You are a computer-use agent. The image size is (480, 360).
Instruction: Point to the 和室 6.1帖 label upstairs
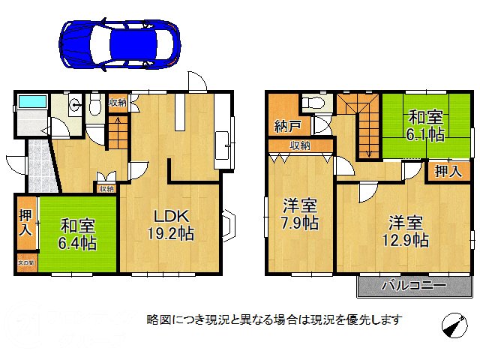[426, 126]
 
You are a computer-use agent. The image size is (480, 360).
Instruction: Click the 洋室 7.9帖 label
[300, 214]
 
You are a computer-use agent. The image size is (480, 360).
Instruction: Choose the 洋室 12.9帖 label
[408, 231]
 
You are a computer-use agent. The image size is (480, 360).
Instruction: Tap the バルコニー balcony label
[413, 286]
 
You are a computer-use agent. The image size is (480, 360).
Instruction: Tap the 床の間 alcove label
[25, 263]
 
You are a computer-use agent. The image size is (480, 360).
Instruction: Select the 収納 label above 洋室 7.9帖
[301, 145]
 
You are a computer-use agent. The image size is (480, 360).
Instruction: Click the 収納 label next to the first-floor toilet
[118, 103]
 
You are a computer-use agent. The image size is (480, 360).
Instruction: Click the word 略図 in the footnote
[156, 319]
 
